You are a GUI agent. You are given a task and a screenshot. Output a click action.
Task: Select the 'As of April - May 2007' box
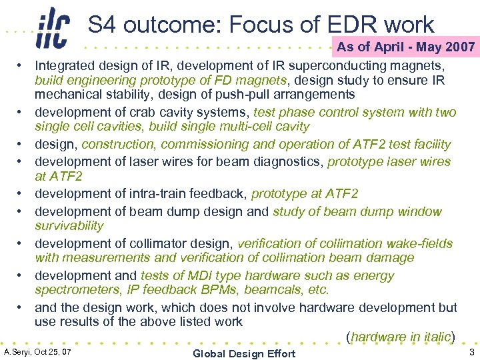tap(405, 47)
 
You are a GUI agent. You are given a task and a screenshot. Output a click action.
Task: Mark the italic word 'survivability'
tap(69, 225)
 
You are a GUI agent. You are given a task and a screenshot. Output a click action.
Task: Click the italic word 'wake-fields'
tap(422, 243)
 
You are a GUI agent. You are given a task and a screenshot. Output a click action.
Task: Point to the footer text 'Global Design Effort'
tap(244, 353)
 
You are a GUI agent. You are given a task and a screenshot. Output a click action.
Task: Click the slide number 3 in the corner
tap(471, 352)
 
